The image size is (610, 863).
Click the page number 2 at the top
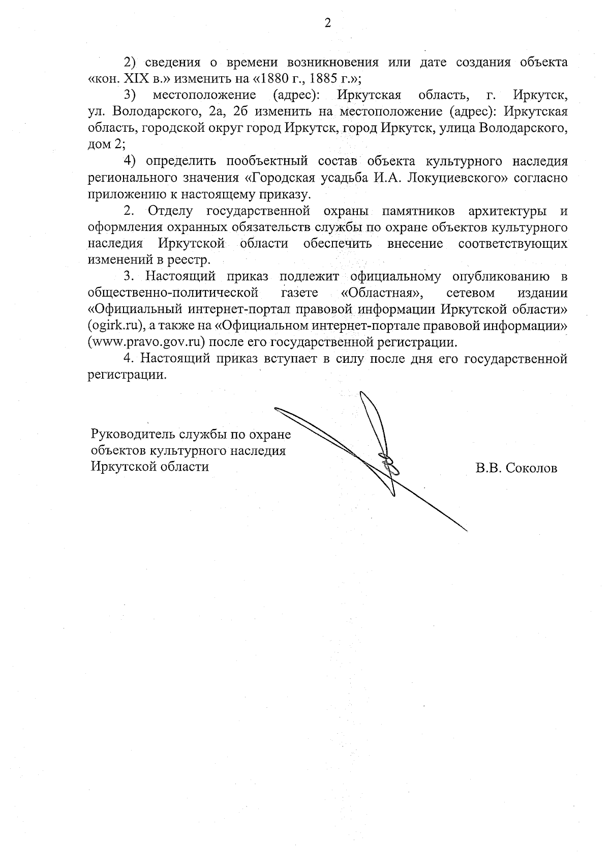[327, 23]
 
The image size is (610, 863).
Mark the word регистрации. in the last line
[127, 375]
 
